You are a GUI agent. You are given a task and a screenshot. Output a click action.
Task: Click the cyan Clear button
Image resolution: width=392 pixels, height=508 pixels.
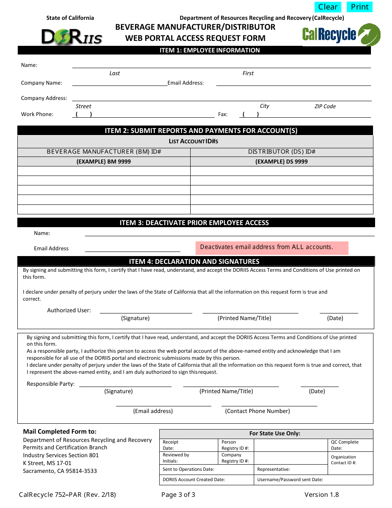328,7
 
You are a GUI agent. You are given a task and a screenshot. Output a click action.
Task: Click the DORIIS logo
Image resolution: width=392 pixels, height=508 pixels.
71,37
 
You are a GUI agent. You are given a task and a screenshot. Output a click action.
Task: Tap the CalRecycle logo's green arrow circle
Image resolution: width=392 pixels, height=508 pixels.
369,34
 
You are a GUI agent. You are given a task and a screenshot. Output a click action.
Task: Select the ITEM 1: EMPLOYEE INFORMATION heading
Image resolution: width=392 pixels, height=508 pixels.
210,50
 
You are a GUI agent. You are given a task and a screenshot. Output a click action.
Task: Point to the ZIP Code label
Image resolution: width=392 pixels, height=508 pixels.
325,106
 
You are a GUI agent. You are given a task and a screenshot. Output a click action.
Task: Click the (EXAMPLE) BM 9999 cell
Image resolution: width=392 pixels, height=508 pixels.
104,161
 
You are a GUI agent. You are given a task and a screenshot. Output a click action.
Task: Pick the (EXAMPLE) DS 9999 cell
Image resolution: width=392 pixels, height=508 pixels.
281,161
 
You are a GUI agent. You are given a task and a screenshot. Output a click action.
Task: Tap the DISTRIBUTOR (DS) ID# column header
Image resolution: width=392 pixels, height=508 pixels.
281,152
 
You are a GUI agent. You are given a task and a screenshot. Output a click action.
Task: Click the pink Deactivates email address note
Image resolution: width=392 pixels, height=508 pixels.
272,247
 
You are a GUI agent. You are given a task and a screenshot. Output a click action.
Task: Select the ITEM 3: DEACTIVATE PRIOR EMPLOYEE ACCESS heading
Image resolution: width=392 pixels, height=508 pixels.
194,223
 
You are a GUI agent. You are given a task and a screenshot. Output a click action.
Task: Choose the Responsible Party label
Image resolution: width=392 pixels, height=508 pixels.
51,384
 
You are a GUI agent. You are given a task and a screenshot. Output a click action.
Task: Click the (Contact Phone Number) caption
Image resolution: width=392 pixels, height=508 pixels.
257,411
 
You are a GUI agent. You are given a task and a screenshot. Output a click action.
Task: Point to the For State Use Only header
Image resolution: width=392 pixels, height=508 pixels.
275,434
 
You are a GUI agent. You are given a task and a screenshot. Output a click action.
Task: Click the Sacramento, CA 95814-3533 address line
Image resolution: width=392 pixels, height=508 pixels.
60,471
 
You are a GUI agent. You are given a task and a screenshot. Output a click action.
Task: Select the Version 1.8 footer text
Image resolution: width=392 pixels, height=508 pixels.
321,495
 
